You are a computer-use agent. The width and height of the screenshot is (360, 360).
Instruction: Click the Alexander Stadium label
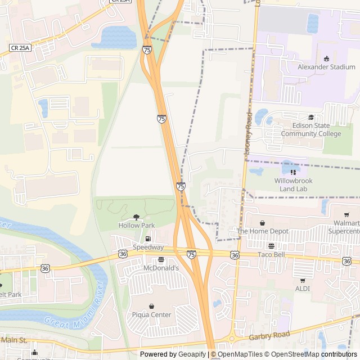click(326, 67)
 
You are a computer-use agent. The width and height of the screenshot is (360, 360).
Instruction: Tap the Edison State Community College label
click(311, 130)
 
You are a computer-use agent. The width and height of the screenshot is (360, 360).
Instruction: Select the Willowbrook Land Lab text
click(292, 184)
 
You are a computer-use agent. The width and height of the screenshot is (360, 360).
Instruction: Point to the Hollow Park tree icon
click(136, 217)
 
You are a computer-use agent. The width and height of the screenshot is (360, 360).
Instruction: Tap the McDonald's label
click(161, 268)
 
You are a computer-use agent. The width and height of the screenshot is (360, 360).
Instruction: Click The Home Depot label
click(263, 231)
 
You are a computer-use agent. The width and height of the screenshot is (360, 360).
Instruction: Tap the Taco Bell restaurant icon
click(272, 246)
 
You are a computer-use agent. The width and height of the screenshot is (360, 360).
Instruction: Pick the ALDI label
click(303, 288)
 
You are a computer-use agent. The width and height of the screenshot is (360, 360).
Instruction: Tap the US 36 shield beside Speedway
click(123, 254)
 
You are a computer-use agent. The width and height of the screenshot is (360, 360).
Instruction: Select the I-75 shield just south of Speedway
click(191, 255)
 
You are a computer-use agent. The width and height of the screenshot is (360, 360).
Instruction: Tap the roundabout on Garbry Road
click(231, 339)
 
